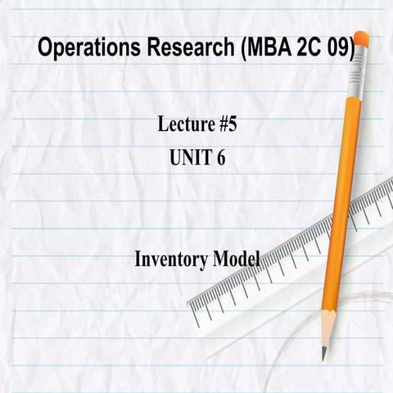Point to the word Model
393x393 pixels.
coord(237,260)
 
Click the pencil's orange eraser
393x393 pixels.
coord(361,39)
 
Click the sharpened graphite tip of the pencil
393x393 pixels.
coord(324,353)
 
